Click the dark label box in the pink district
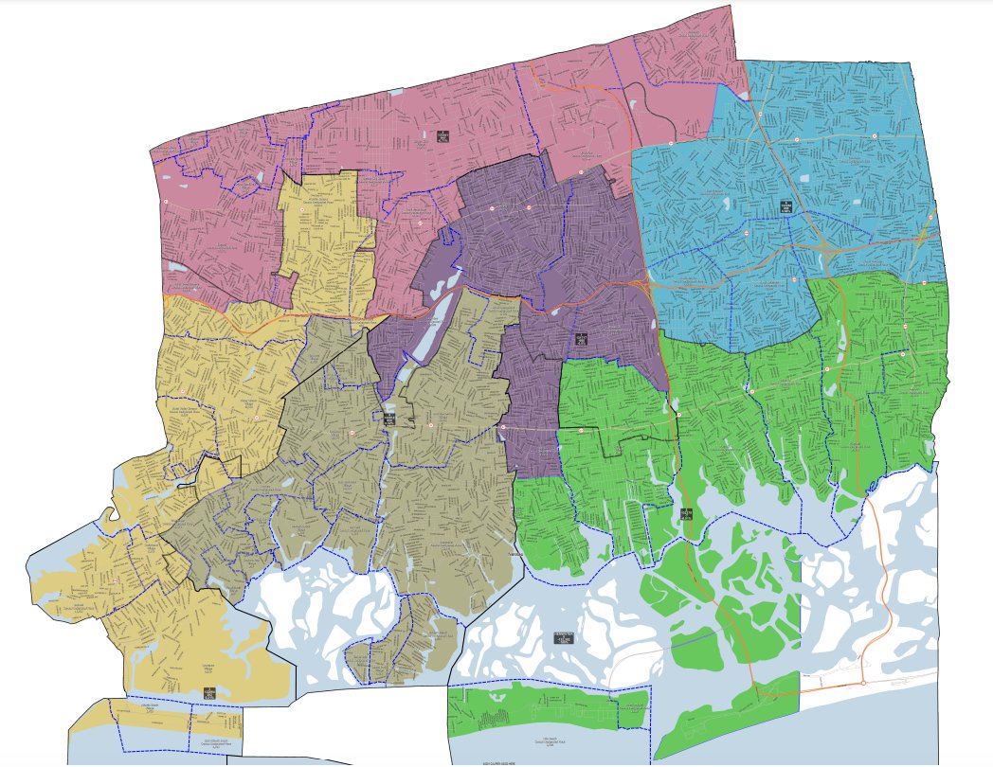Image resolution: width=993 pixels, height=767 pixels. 442,136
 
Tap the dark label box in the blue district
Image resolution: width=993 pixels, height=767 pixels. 785,205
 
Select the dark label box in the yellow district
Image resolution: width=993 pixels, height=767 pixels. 209,692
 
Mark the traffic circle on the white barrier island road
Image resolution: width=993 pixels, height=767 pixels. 863,683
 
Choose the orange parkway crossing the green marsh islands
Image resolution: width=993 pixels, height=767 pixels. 720,606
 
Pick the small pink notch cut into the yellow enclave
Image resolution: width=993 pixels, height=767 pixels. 283,282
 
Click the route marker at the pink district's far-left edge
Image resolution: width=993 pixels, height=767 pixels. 166,201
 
